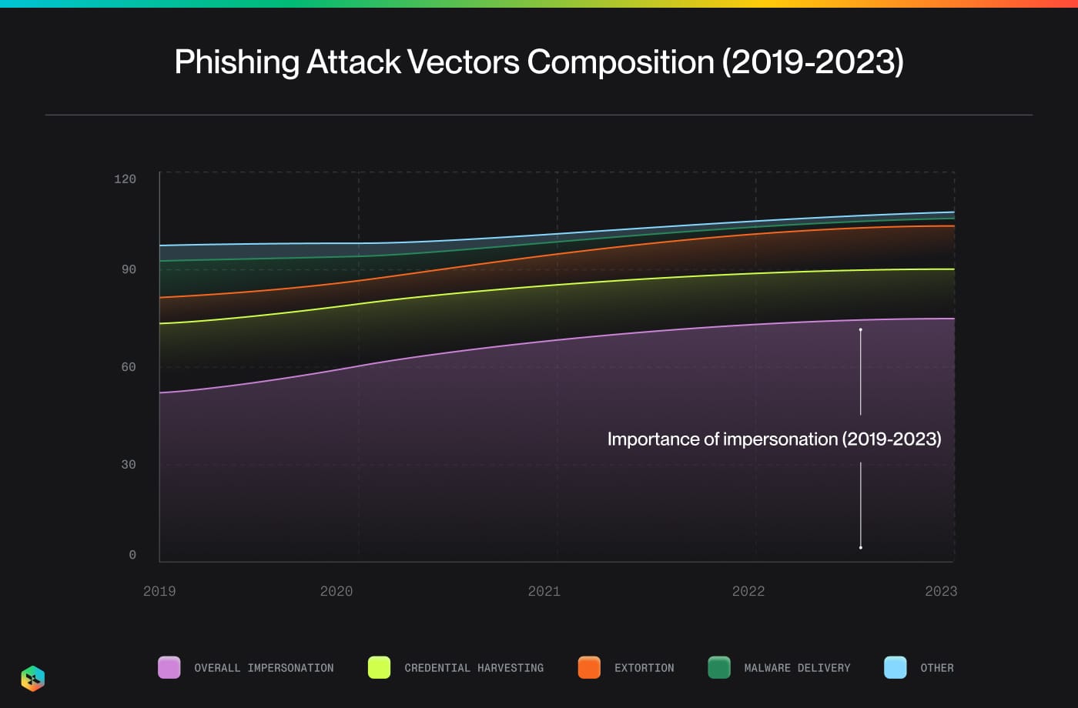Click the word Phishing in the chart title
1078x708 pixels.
point(236,62)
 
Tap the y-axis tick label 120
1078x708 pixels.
point(125,179)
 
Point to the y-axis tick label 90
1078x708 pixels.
point(129,269)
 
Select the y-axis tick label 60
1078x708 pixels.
point(129,367)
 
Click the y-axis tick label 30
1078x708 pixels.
point(129,464)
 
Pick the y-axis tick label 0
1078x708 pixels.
point(132,555)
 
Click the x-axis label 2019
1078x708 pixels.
point(159,591)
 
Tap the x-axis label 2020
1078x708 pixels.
point(336,591)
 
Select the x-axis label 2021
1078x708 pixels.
point(544,591)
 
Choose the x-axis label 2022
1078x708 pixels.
point(748,591)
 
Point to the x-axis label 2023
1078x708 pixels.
point(941,591)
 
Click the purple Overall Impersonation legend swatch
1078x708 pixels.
point(169,667)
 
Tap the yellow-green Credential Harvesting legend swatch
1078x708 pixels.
point(380,667)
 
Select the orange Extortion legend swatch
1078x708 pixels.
point(589,667)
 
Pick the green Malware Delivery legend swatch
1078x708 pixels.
point(719,667)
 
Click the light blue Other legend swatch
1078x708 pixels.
point(896,667)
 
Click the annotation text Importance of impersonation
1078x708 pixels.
point(774,439)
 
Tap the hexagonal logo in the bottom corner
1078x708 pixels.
point(33,679)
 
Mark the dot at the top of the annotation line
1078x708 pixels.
point(860,329)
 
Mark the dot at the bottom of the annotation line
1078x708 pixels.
point(860,548)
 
